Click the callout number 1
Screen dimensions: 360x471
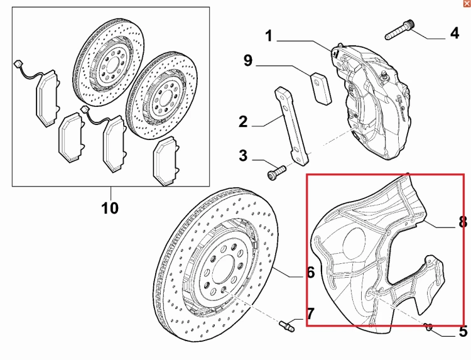[x=269, y=37]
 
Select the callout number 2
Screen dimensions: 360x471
[x=243, y=121]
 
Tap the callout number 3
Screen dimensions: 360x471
[x=243, y=155]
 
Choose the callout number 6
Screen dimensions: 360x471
[x=310, y=273]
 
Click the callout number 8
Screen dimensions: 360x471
[x=463, y=221]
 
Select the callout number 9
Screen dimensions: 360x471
[x=247, y=61]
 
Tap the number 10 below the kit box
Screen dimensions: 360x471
[x=110, y=207]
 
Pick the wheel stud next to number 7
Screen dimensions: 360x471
[x=286, y=325]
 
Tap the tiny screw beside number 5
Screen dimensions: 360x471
[x=430, y=325]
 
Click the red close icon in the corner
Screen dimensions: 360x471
[x=466, y=4]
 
